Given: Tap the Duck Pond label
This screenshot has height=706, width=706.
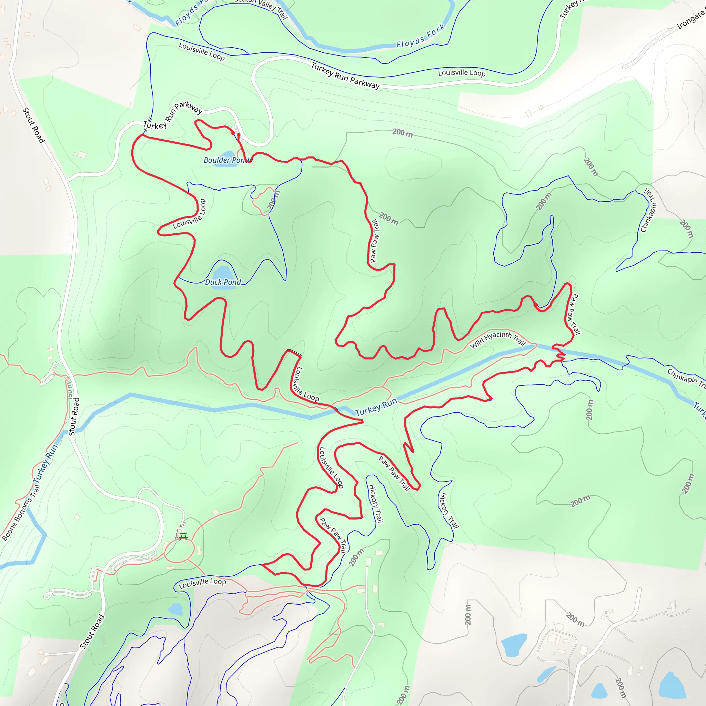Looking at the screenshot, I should (223, 282).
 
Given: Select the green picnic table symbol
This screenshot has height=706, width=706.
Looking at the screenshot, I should (183, 536).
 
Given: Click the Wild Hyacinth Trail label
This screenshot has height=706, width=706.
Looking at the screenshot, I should (497, 339).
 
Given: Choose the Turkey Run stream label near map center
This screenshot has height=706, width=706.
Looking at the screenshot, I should (376, 407).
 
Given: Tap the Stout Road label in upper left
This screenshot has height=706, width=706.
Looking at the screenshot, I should (33, 125).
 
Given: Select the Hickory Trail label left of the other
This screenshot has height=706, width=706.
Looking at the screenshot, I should (376, 503).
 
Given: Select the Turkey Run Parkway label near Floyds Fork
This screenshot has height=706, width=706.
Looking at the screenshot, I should (345, 75).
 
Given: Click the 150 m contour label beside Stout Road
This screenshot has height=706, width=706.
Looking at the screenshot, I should (69, 390).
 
